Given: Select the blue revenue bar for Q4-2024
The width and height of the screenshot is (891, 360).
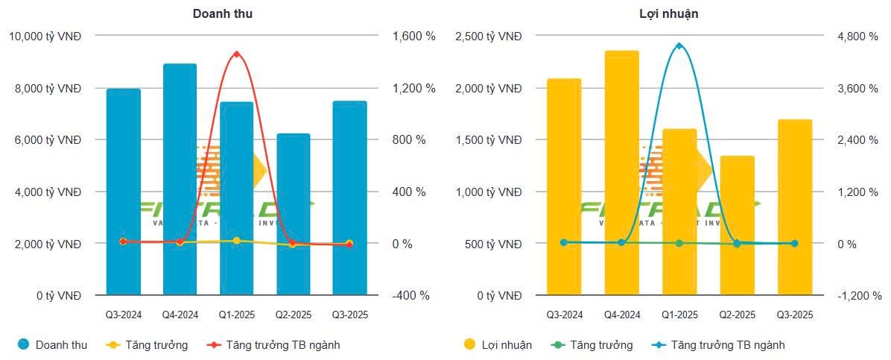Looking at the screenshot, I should (x=180, y=179).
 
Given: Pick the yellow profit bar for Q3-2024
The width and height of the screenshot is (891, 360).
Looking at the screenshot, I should (x=564, y=186).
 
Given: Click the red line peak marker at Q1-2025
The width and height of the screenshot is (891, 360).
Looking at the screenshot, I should (x=236, y=54).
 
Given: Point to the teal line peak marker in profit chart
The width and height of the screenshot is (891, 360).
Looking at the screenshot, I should (x=679, y=46).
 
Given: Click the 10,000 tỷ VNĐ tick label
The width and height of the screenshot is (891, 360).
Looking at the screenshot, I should (x=45, y=36).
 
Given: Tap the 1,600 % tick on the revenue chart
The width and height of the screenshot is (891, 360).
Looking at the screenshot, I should (x=411, y=36).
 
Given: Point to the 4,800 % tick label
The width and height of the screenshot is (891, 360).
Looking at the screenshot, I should (x=855, y=36).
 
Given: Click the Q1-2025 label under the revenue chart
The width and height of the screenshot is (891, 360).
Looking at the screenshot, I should (x=236, y=315).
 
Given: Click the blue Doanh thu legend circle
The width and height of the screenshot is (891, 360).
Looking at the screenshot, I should (x=24, y=344).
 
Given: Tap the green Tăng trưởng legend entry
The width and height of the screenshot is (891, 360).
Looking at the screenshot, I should (x=592, y=344).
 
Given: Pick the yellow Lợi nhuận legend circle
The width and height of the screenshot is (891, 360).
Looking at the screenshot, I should (x=470, y=344).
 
